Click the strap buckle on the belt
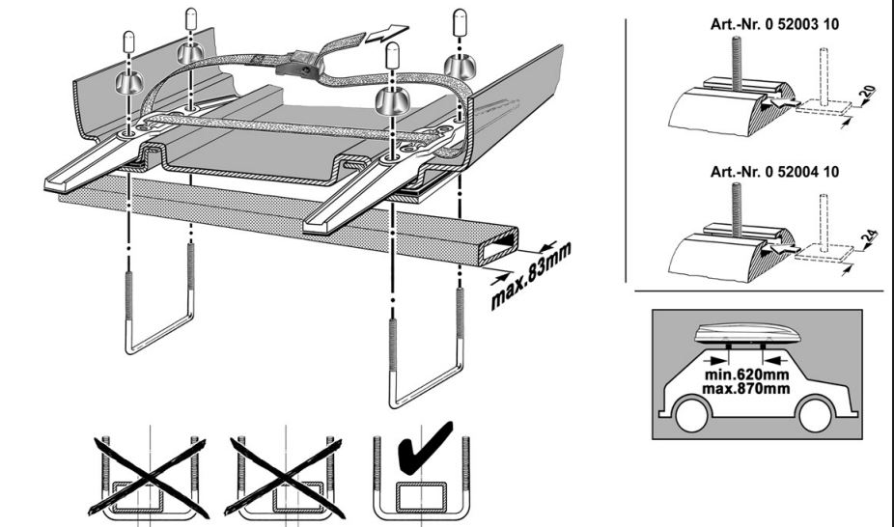click(x=297, y=68)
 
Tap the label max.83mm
click(x=530, y=277)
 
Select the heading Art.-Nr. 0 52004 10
click(x=769, y=172)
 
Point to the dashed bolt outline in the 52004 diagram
click(x=824, y=222)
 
